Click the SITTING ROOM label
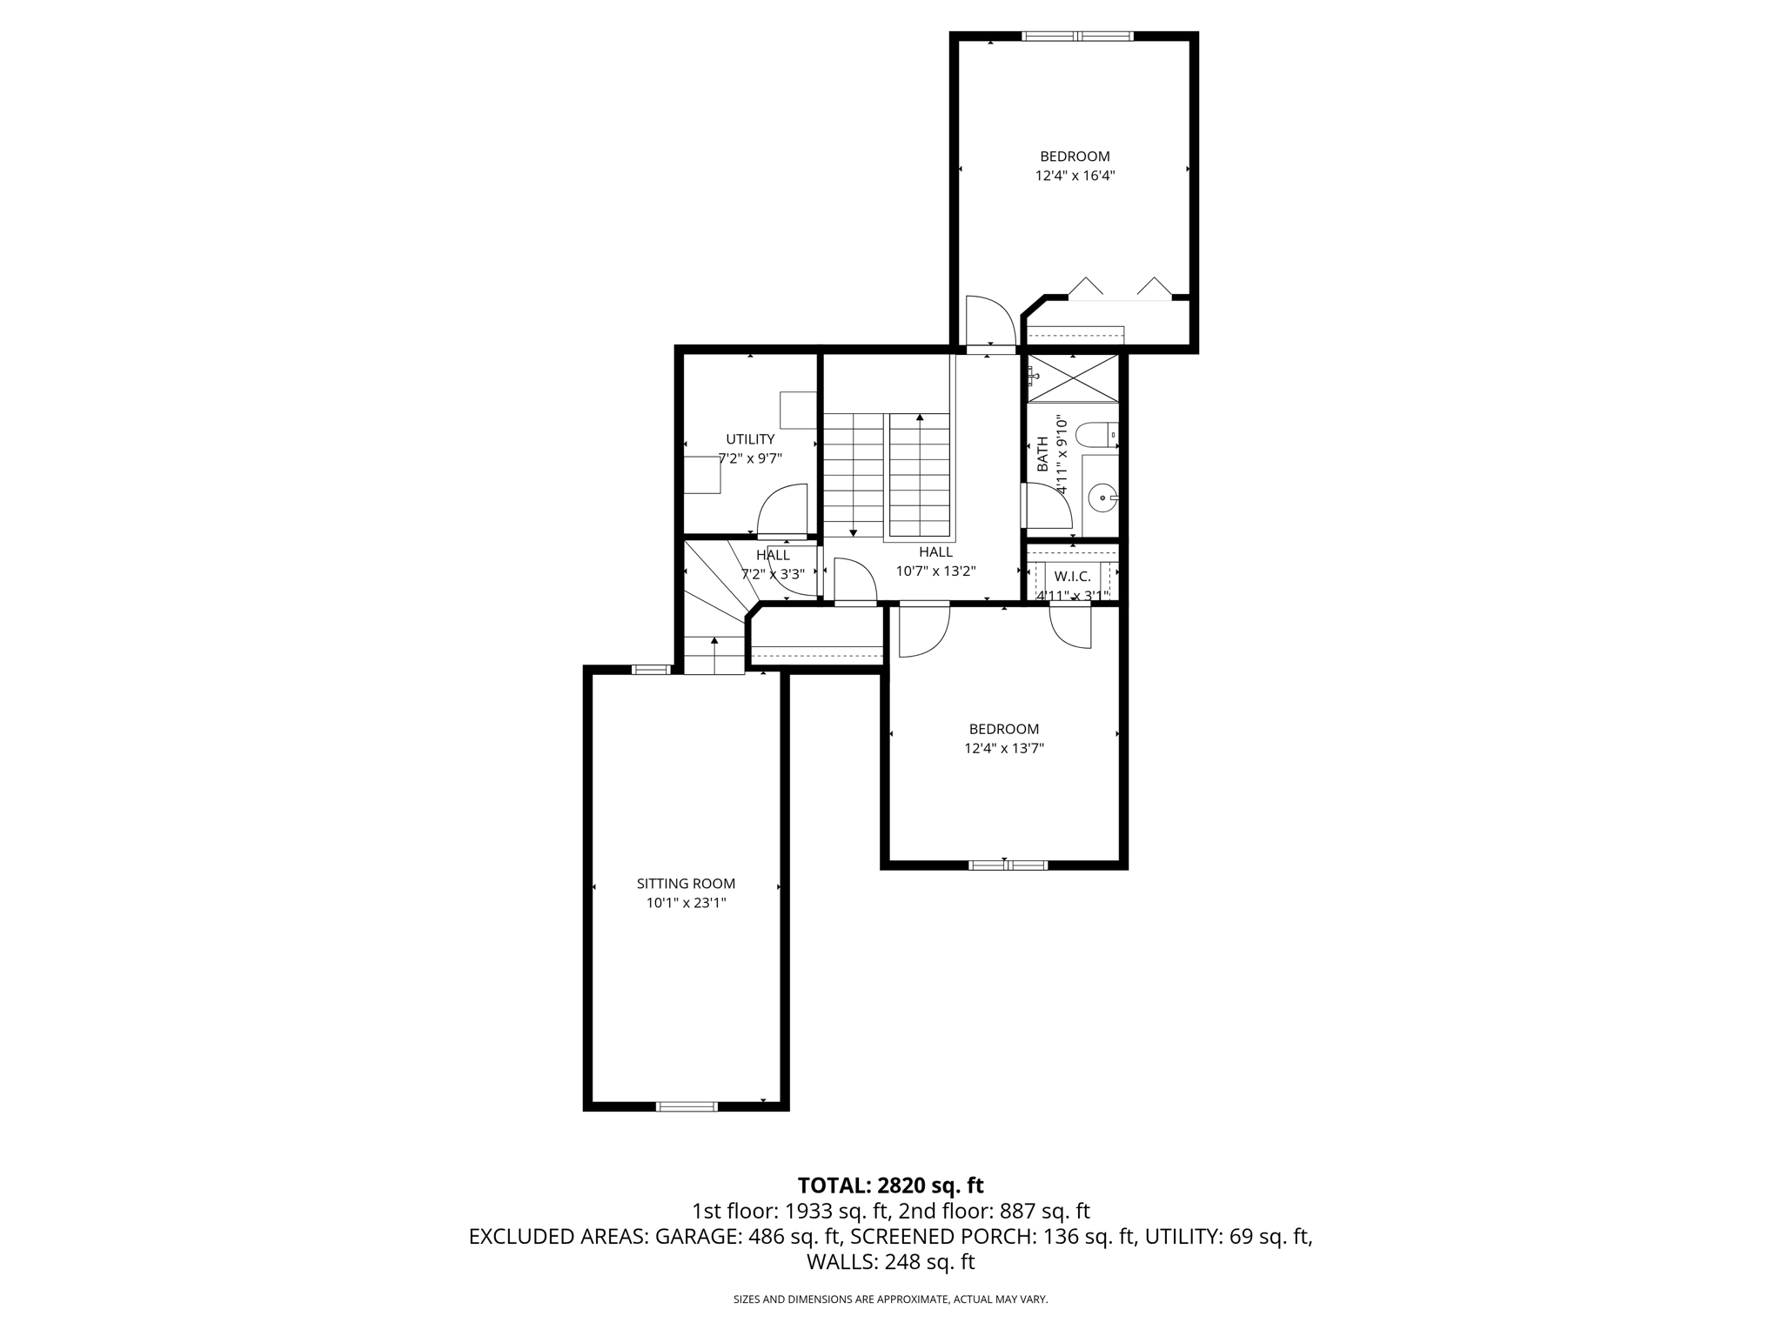pyautogui.click(x=686, y=884)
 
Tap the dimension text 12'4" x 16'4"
pyautogui.click(x=1075, y=176)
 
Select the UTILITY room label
pyautogui.click(x=750, y=439)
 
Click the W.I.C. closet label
pyautogui.click(x=1072, y=577)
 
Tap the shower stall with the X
pyautogui.click(x=1072, y=377)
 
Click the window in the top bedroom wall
pyautogui.click(x=1077, y=36)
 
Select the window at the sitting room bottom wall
pyautogui.click(x=686, y=1106)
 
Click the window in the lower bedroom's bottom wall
pyautogui.click(x=1008, y=865)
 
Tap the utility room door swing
pyautogui.click(x=783, y=513)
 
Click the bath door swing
pyautogui.click(x=1048, y=507)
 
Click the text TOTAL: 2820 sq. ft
pyautogui.click(x=890, y=1186)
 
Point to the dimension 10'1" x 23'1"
pyautogui.click(x=686, y=904)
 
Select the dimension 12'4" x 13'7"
pyautogui.click(x=1004, y=748)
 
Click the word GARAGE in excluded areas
pyautogui.click(x=694, y=1237)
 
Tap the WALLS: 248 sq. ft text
pyautogui.click(x=890, y=1262)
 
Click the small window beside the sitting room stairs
pyautogui.click(x=651, y=669)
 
